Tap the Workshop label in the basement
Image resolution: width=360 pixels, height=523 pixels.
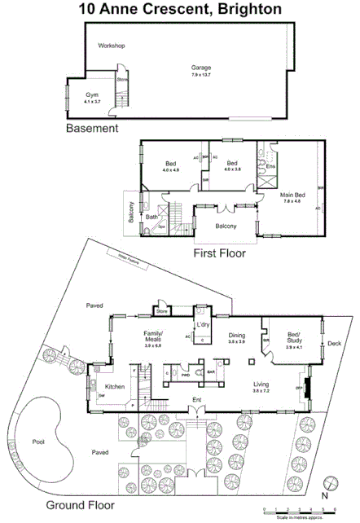[x=111, y=46]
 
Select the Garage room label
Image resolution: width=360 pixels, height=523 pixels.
[x=200, y=68]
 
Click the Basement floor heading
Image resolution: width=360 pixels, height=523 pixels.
[x=92, y=129]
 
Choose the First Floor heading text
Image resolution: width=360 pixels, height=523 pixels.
[x=218, y=253]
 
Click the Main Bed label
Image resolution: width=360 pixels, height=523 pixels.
[x=291, y=196]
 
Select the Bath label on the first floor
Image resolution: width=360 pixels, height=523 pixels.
[x=151, y=217]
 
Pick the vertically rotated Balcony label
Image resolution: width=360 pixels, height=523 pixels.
[x=130, y=214]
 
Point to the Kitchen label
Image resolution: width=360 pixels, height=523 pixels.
[x=113, y=387]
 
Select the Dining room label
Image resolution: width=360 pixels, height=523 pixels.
[x=236, y=336]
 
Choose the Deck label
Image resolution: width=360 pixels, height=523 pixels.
[x=334, y=343]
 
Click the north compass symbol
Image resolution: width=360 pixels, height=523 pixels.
[x=329, y=481]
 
